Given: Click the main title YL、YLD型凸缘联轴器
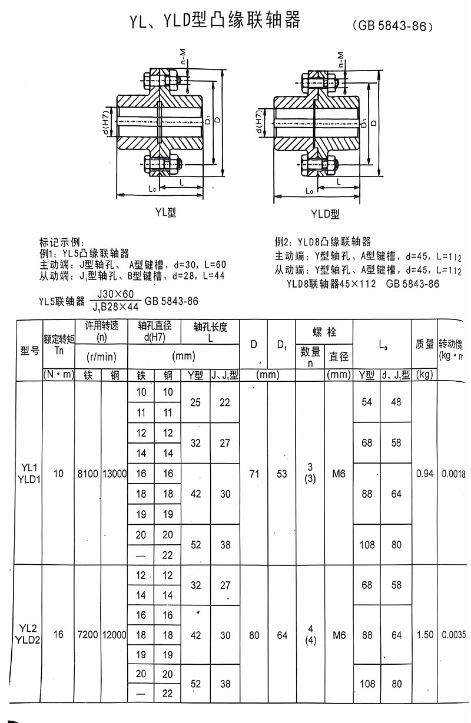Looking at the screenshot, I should pyautogui.click(x=215, y=21).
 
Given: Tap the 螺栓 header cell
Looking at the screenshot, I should pyautogui.click(x=324, y=332).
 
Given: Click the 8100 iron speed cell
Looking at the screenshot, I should pyautogui.click(x=88, y=474).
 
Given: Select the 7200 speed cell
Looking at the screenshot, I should pyautogui.click(x=88, y=635).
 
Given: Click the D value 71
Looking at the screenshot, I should pyautogui.click(x=254, y=474).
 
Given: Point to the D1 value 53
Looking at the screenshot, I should pyautogui.click(x=282, y=474).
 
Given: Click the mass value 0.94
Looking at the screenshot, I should pyautogui.click(x=424, y=474).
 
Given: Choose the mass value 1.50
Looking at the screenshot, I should pyautogui.click(x=424, y=635).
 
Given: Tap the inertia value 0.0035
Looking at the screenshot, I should pyautogui.click(x=453, y=635).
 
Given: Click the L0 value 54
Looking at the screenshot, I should pyautogui.click(x=367, y=402).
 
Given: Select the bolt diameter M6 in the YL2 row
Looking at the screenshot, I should pyautogui.click(x=339, y=635).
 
